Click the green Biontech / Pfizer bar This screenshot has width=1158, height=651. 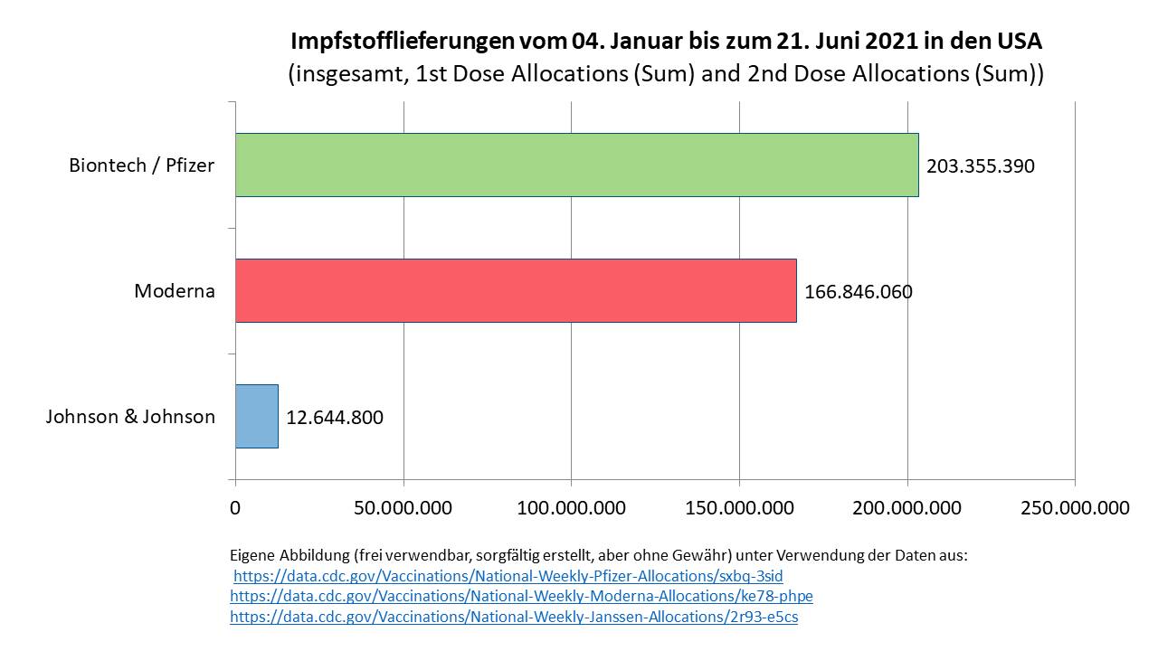tap(576, 165)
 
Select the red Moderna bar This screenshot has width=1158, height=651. tap(516, 290)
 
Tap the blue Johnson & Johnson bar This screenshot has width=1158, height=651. tap(256, 416)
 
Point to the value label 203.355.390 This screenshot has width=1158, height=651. tap(981, 166)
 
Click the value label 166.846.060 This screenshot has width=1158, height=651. tap(859, 292)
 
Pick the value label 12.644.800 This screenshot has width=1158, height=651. tap(335, 418)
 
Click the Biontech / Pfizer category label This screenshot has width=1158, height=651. tap(141, 165)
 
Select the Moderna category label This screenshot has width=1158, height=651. tap(175, 291)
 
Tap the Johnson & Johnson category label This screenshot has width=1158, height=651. tap(130, 417)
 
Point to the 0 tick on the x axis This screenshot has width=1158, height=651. tap(235, 508)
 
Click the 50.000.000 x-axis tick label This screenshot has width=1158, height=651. tap(403, 508)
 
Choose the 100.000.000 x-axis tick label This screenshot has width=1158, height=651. tap(571, 508)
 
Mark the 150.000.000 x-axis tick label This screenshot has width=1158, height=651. tap(739, 508)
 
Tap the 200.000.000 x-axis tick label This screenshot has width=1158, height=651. tap(907, 508)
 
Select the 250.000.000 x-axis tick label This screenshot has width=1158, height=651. tap(1075, 508)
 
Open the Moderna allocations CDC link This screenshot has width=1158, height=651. tap(521, 597)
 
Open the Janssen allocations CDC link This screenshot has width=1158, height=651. tap(514, 618)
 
